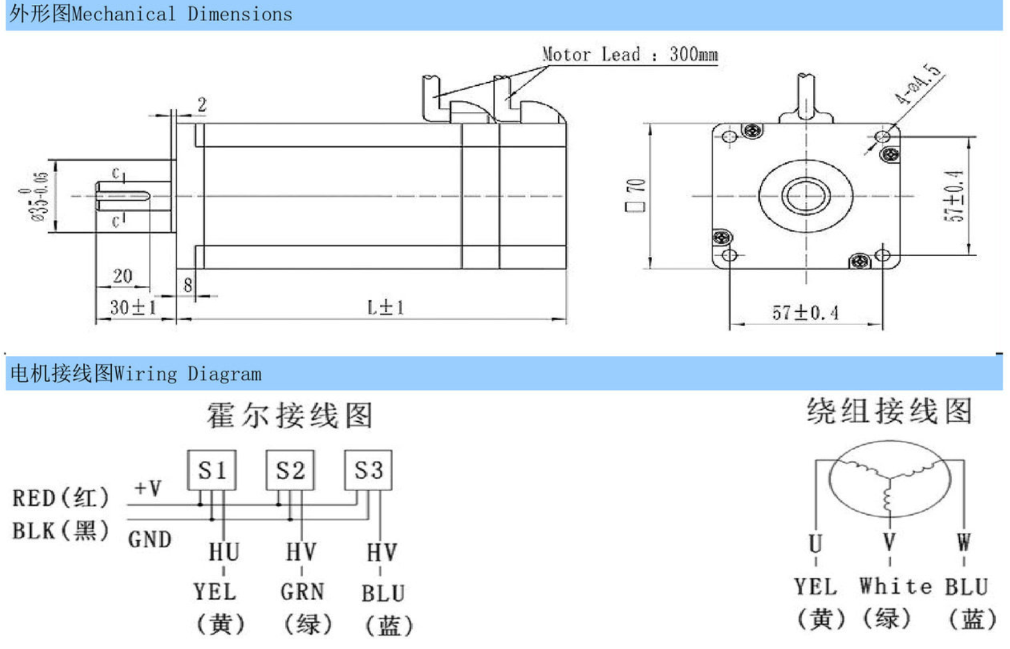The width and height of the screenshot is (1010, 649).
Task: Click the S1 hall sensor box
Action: coord(212,470)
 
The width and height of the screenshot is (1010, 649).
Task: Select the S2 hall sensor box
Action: coord(290,470)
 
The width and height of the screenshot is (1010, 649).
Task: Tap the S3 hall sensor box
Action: coord(368,470)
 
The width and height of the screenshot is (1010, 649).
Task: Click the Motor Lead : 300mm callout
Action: coord(630,54)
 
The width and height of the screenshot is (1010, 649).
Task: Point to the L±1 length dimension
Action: coord(385,308)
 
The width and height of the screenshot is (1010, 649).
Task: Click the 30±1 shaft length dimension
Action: coord(133,308)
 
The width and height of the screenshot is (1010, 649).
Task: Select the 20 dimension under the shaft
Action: coord(123,276)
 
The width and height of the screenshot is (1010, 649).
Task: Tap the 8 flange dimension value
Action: coord(187,285)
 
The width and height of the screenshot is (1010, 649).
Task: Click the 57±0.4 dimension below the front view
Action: coord(805,313)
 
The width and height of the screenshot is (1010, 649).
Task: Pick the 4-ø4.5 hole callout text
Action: coord(919,84)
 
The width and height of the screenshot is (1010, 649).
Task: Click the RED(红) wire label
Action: coord(60,498)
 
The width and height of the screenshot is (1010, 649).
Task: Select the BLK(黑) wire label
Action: coord(60,531)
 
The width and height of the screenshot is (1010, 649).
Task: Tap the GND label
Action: coord(149,539)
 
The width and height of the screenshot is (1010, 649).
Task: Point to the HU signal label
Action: coord(224,552)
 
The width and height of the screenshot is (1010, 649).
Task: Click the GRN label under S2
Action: coord(302,592)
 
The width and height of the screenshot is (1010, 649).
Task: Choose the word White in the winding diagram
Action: coord(896,586)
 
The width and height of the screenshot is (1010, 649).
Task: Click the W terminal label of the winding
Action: coord(963,542)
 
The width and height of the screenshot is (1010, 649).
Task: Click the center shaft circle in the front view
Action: coord(806,195)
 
